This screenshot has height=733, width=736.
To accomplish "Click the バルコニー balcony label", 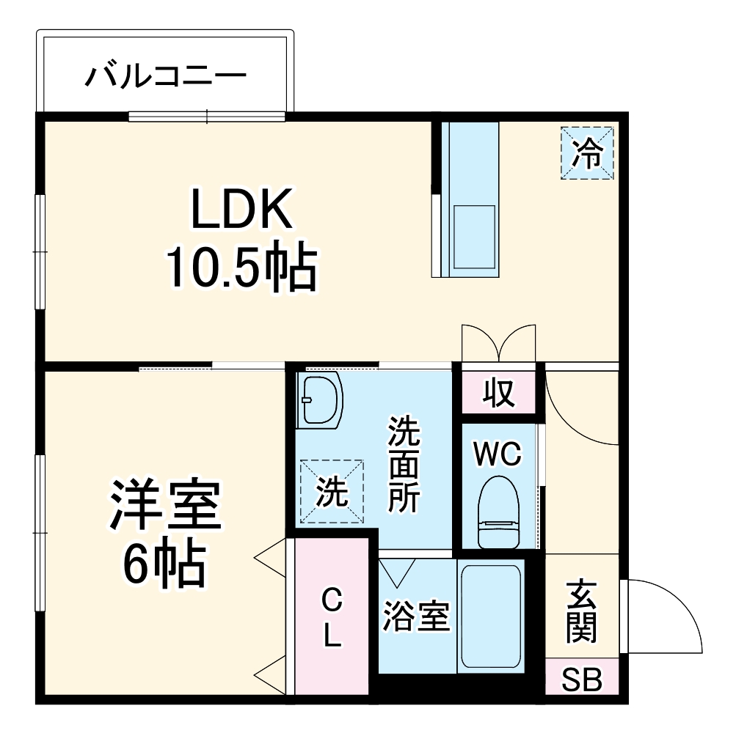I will pos(166,75).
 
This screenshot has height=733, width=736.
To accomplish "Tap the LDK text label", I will pos(242,210).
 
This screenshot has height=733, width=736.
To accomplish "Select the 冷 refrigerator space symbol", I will pos(587,153).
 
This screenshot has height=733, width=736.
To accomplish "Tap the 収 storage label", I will pos(498,394).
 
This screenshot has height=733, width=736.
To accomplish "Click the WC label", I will pos(497,454).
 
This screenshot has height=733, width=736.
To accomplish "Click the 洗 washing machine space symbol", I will pos(332,492).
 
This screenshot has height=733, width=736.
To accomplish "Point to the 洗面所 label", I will pos(404,464).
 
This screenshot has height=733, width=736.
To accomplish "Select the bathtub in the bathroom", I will pos(489,616).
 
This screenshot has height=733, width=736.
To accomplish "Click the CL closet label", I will pos(332,619).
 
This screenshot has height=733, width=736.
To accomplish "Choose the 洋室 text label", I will pos(165,506).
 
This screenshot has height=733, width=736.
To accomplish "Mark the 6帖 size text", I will pos(163,563).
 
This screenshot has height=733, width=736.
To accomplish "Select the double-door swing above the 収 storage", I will pos(498,342).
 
